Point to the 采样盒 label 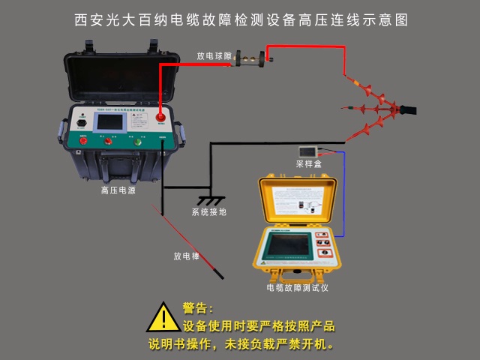pos(308,163)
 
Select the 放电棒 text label pos(187,256)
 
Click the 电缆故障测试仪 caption pos(298,287)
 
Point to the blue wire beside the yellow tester pos(343,195)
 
